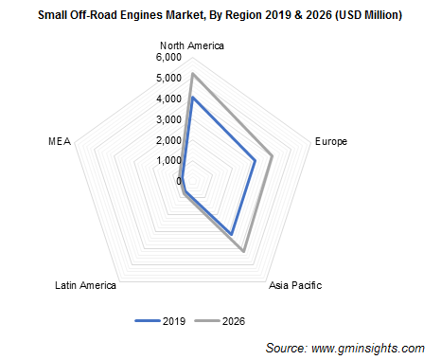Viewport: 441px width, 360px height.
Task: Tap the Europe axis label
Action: (329, 142)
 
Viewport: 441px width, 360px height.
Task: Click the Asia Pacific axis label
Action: (295, 285)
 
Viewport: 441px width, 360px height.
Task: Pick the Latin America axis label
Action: (85, 285)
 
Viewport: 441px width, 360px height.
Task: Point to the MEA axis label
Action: (58, 142)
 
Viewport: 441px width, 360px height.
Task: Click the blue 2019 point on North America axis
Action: (192, 98)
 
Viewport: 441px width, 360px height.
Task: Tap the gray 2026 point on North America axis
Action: (192, 73)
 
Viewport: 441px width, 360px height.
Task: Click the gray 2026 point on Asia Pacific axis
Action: (245, 251)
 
